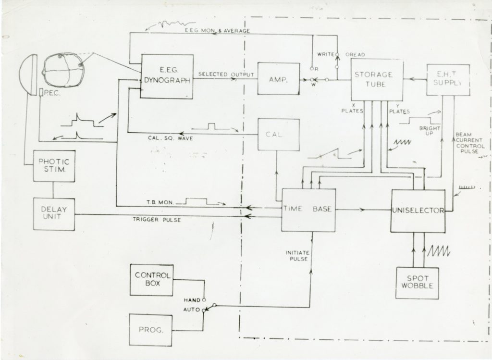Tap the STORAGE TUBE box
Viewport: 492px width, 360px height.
click(373, 80)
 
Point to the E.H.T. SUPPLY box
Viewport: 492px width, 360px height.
click(448, 79)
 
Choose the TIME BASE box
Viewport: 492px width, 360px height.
click(308, 210)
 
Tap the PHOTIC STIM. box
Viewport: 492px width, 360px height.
click(54, 166)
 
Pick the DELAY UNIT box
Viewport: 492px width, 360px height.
click(54, 213)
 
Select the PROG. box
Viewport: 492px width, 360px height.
click(151, 330)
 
